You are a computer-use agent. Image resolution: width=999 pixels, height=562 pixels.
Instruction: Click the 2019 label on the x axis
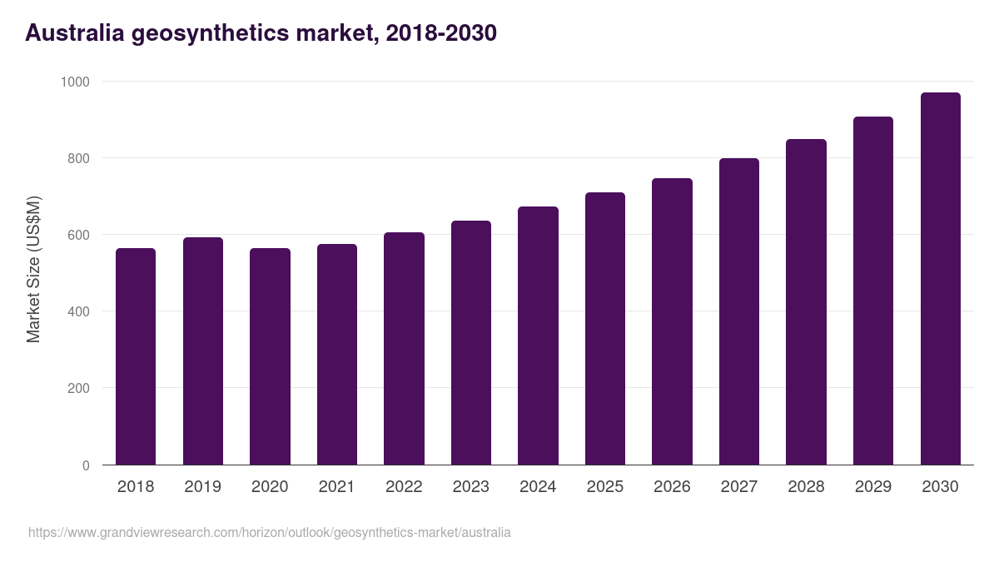coord(202,486)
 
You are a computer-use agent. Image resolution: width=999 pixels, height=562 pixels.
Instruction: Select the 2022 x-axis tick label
coord(404,486)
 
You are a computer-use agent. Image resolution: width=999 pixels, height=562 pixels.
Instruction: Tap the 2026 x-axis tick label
coord(672,486)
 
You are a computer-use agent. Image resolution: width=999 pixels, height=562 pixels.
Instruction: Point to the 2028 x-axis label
coord(806,486)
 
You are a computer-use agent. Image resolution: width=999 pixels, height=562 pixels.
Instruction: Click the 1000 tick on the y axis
coord(74,82)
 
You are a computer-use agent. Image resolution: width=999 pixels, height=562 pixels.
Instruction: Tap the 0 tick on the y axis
coord(86,465)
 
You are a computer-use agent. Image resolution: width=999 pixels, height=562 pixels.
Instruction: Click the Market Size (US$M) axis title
coord(33,269)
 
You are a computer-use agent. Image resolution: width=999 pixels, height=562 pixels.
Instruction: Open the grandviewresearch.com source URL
coord(269,532)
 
